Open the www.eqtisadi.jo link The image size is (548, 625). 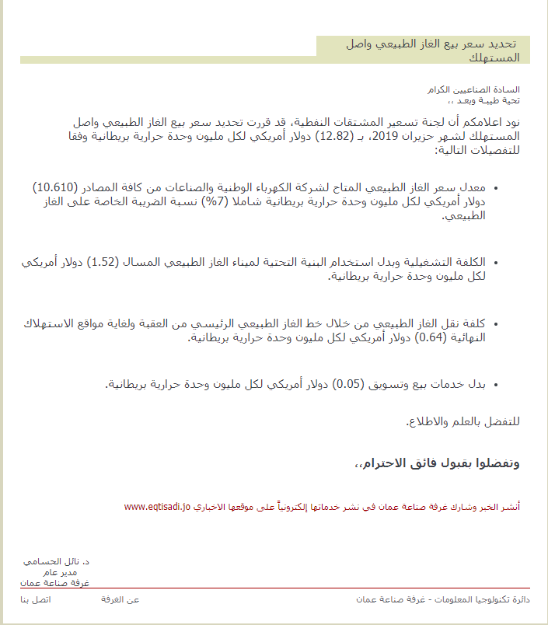[x=157, y=506]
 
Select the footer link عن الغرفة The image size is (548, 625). [x=120, y=599]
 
